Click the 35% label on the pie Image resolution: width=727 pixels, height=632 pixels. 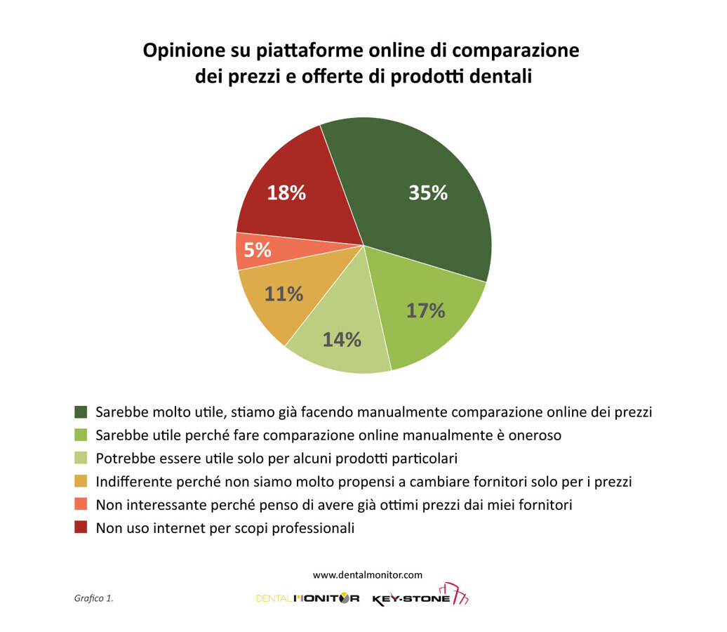428,193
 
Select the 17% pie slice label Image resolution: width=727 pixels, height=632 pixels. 426,310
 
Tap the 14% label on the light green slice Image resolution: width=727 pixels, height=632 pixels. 342,340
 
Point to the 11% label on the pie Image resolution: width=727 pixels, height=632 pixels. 284,294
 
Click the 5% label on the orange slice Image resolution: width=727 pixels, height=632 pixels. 258,249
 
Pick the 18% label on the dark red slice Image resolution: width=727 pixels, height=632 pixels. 286,193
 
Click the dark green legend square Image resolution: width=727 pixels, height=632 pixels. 81,412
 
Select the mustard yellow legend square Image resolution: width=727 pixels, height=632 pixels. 81,482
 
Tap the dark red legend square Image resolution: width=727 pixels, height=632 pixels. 81,527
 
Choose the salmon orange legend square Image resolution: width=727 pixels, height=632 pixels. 81,504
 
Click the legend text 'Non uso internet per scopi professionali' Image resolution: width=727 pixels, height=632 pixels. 225,528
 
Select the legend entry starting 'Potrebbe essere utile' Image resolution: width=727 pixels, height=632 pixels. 276,459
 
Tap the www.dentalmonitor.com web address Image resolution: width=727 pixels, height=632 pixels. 368,574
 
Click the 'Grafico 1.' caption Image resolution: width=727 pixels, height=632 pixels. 93,598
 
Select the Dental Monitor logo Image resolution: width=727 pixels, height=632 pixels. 307,598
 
